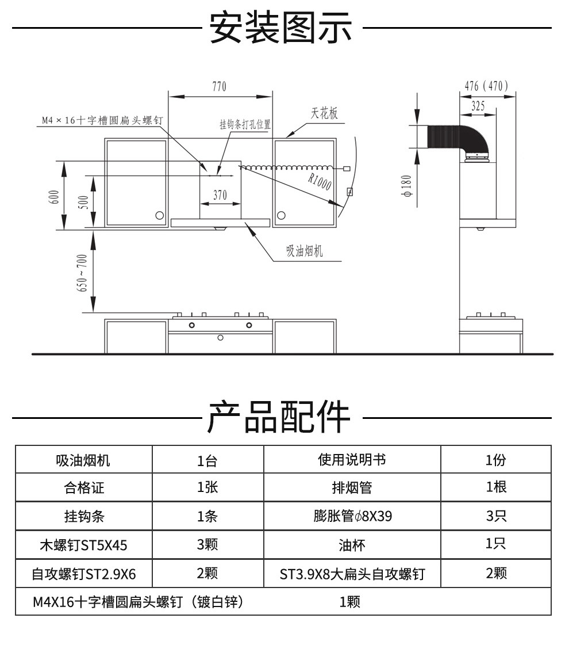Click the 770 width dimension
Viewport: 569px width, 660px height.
tap(220, 87)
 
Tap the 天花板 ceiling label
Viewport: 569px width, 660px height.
tap(324, 113)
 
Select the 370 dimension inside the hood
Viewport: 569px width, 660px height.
tap(220, 195)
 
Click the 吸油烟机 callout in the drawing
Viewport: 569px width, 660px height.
tap(305, 251)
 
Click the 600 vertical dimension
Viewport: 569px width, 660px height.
tap(55, 197)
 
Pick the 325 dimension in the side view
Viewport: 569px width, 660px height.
tap(478, 106)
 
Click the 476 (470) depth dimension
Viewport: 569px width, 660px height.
tap(486, 86)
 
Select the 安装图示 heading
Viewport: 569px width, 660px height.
tap(280, 28)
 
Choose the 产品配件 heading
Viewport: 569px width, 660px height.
tap(279, 417)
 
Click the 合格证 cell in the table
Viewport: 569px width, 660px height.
tap(84, 488)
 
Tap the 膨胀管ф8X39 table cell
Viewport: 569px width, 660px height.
tap(352, 516)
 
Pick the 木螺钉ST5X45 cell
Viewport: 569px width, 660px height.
tap(83, 544)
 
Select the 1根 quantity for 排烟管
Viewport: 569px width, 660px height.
tap(496, 487)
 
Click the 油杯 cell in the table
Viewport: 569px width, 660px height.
tap(352, 544)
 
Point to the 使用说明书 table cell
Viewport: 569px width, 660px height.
tap(352, 460)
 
